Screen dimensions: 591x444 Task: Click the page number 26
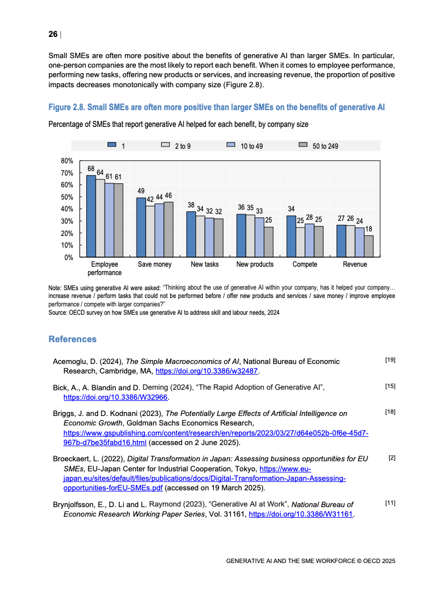(53, 35)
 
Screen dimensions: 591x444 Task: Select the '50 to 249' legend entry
(325, 146)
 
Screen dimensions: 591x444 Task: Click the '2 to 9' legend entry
(182, 146)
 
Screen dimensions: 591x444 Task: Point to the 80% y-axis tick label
(67, 161)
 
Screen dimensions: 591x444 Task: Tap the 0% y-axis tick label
(69, 257)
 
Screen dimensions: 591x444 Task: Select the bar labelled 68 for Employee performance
(91, 216)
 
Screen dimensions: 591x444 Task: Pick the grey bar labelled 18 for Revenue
(368, 246)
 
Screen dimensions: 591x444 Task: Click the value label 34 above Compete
(291, 209)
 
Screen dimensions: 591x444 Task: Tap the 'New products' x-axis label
(255, 264)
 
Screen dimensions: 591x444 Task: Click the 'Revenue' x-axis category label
(355, 264)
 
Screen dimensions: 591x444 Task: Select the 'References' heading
(72, 339)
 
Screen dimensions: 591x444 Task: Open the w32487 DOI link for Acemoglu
(207, 371)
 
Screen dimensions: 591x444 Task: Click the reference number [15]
(390, 386)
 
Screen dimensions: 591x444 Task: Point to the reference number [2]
(392, 458)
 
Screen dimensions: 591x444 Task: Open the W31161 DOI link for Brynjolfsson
(301, 514)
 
